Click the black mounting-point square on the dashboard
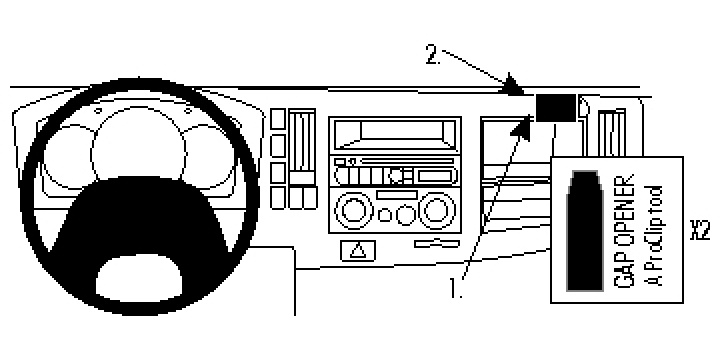[556, 106]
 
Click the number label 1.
[456, 290]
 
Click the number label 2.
[432, 57]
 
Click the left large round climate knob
[352, 211]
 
